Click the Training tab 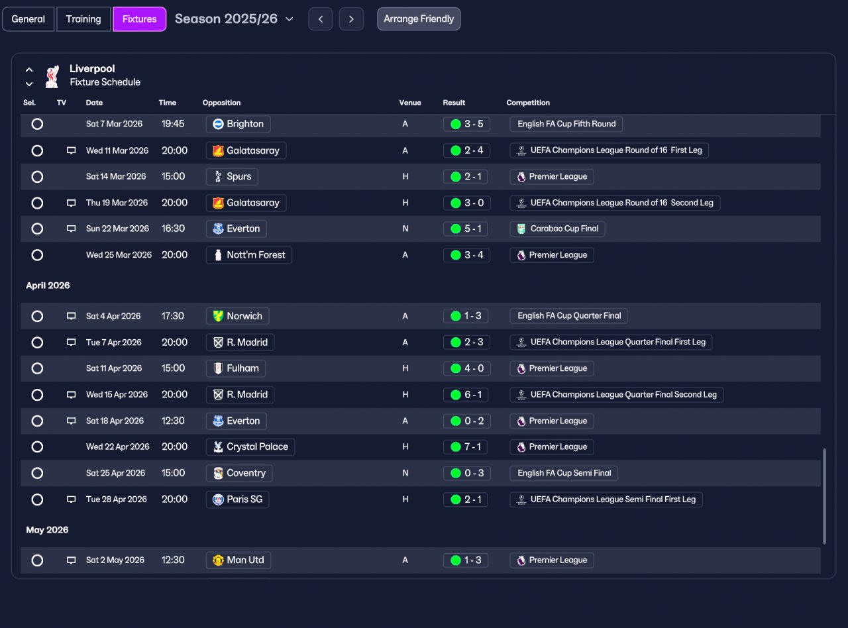[x=83, y=19]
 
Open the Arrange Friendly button [x=419, y=19]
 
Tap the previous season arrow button [x=321, y=19]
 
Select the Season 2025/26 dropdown [x=234, y=19]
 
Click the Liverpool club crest [x=52, y=76]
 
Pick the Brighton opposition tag [x=238, y=124]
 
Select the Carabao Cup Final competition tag [x=557, y=229]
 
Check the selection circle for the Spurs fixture [x=37, y=177]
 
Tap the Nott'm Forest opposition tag [x=249, y=255]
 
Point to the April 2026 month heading [x=48, y=286]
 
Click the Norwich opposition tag [x=237, y=316]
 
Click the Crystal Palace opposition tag [x=250, y=446]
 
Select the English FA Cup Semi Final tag [x=564, y=473]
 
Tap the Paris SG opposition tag [x=237, y=499]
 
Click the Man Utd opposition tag [x=238, y=560]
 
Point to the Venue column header [x=410, y=103]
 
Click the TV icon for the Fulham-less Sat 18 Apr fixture [x=71, y=421]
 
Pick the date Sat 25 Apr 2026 [x=115, y=473]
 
